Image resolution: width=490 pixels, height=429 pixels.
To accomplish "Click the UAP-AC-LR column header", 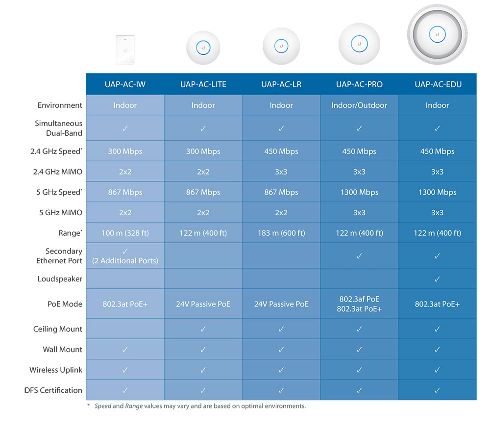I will (281, 84).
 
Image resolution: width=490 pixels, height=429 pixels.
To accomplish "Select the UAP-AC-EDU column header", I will (438, 84).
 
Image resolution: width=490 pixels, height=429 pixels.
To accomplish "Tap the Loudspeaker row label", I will (60, 279).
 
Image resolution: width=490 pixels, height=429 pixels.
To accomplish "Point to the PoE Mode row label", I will (65, 304).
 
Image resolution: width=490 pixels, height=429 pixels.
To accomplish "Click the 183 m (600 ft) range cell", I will (281, 233).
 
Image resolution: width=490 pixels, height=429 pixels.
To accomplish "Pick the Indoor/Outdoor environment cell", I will (359, 105).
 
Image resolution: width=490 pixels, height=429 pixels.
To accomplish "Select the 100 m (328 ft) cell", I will (125, 233).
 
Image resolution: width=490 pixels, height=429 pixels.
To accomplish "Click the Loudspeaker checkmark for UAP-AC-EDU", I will (438, 279).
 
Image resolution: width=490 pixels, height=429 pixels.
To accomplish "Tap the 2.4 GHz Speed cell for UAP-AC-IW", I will (125, 151).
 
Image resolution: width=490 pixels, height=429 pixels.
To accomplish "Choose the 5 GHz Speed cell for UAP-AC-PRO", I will (359, 192).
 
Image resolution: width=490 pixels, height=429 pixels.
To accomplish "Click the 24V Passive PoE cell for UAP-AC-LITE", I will (203, 304).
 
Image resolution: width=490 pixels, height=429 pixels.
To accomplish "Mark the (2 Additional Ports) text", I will (125, 261).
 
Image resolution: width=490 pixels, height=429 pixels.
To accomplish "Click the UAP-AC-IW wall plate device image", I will (125, 49).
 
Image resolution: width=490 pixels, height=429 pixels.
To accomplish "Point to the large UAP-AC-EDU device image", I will (437, 34).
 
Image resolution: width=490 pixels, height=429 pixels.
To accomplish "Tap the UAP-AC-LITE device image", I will (203, 48).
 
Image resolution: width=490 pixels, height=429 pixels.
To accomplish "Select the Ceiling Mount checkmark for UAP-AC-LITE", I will (203, 329).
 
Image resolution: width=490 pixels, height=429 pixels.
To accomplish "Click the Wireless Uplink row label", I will (56, 370).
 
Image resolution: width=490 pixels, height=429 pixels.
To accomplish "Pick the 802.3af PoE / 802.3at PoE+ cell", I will (359, 304).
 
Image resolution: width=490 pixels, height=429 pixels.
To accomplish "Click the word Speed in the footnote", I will (102, 406).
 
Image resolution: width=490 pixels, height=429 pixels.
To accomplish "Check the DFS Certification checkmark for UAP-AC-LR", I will (281, 390).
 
